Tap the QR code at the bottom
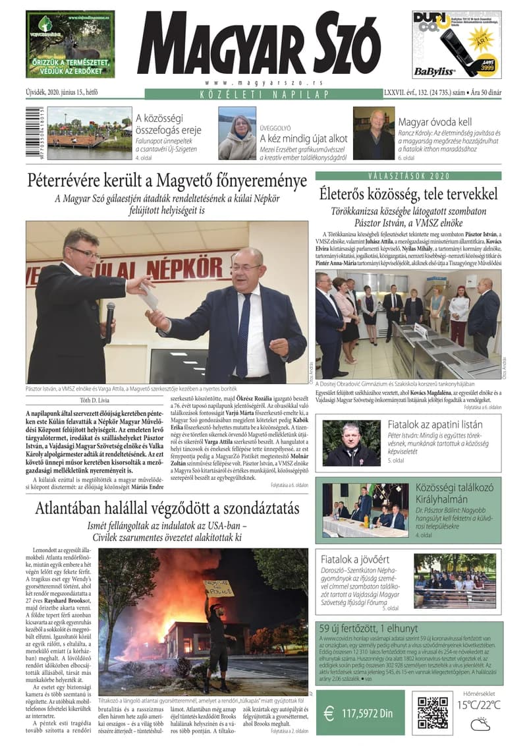tap(432, 711)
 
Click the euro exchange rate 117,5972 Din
tap(360, 713)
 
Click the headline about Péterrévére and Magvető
tap(167, 180)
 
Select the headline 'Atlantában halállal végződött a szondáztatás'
tap(167, 509)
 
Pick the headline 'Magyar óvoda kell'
tap(435, 122)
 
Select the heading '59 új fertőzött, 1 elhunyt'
tap(369, 627)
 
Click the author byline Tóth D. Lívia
tap(96, 399)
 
